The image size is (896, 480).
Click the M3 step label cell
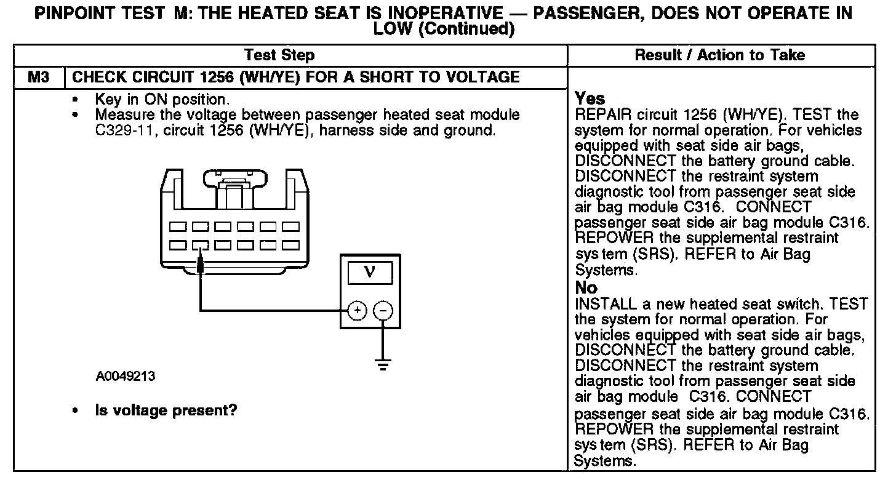coord(38,77)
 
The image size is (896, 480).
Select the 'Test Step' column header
coord(279,55)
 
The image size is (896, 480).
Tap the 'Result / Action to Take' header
coord(719,55)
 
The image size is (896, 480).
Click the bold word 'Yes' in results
coord(590,98)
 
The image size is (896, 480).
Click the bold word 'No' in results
coord(586,288)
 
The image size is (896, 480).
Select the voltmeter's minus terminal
coord(383,310)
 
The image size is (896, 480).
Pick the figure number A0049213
coord(126,377)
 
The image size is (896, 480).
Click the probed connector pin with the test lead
coord(200,246)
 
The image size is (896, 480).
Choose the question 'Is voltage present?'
coord(166,410)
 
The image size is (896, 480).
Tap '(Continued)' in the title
coord(465,29)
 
